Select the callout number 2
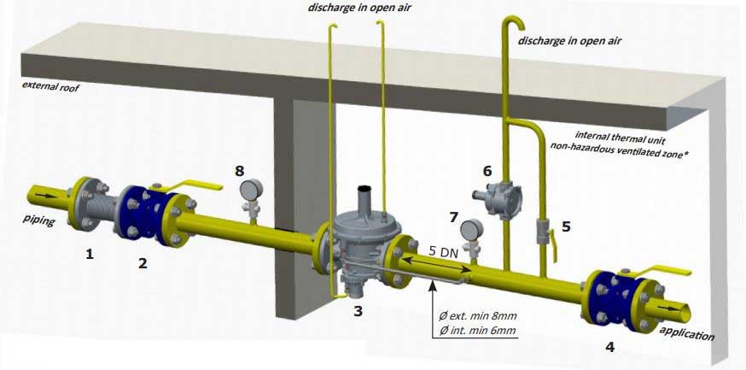143,263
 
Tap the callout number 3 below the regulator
358,312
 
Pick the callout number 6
487,171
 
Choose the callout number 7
453,218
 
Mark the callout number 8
240,171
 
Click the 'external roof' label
49,86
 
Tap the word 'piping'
39,221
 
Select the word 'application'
687,335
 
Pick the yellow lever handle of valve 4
667,273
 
